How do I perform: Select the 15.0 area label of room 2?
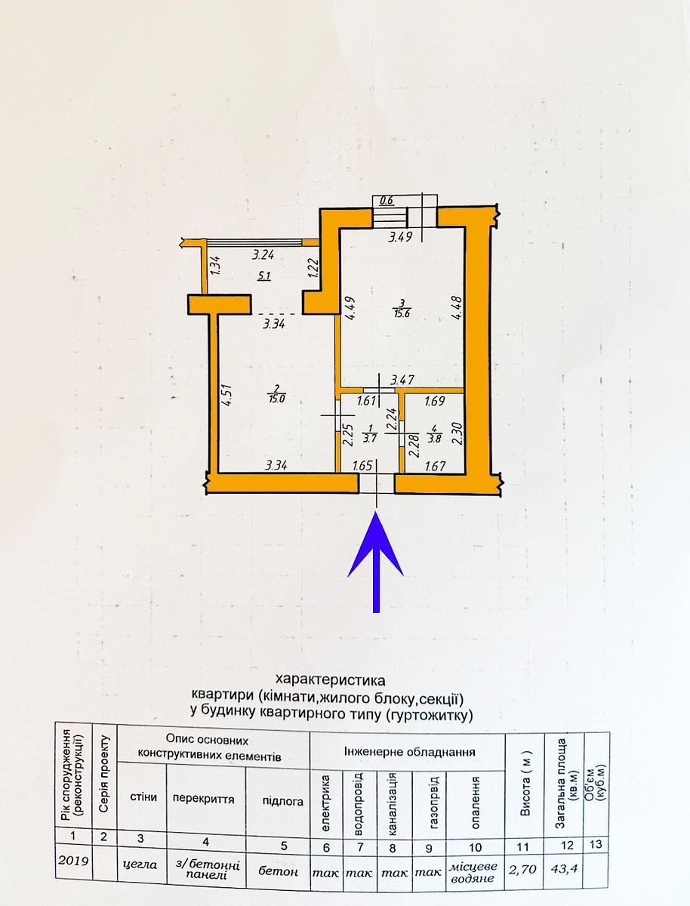pos(277,399)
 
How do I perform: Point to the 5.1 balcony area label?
pos(263,276)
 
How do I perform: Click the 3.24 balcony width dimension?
pos(263,254)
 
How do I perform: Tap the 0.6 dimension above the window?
pos(387,201)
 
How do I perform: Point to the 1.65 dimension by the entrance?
pos(363,466)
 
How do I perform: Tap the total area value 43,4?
pos(564,855)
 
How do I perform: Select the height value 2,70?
pos(522,855)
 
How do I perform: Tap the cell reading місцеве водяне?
pos(473,857)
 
